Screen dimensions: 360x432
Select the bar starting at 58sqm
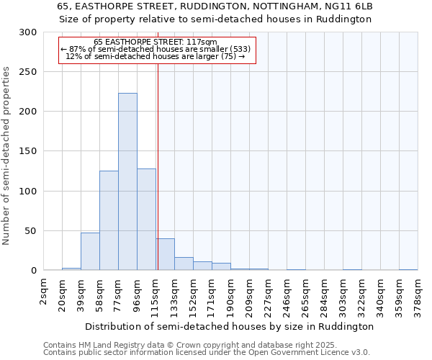[x=109, y=220]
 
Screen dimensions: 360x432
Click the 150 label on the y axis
[x=27, y=152]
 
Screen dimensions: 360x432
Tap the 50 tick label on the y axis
[x=30, y=231]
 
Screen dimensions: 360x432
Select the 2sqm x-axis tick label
[x=45, y=292]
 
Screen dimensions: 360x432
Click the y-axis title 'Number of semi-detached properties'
[x=7, y=156]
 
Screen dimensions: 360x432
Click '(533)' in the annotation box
[x=238, y=49]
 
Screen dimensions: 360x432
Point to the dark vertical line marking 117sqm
[x=158, y=180]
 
